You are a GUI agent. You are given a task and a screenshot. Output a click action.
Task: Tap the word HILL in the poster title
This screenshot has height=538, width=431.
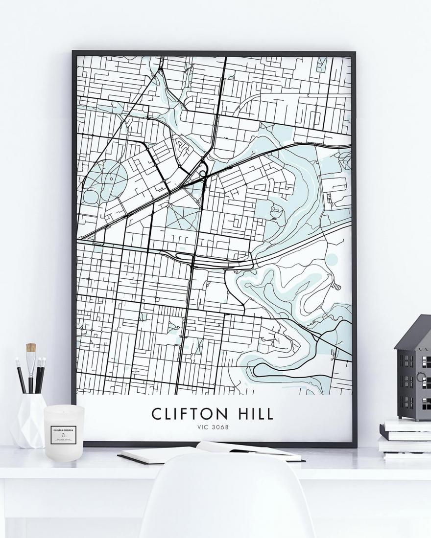(254, 414)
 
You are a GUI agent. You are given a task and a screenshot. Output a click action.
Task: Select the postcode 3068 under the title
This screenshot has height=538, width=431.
(221, 427)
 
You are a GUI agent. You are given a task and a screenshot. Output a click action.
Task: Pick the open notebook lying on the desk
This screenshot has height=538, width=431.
(211, 452)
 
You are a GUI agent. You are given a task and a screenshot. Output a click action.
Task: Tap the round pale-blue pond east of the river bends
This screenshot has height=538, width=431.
(332, 259)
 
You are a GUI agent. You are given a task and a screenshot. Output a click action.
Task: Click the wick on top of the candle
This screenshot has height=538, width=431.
(64, 408)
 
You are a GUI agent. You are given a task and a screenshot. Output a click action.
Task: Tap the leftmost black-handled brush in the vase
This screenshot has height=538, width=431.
(20, 374)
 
